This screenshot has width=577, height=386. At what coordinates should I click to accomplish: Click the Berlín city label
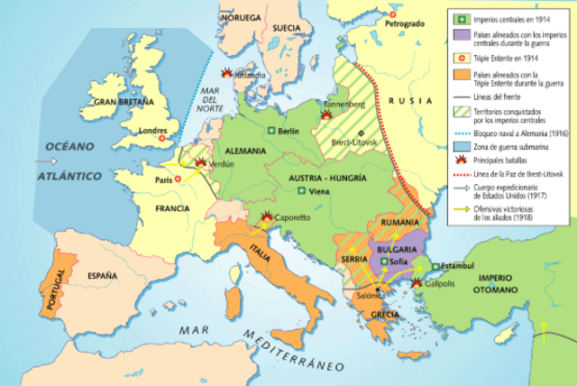point(289,131)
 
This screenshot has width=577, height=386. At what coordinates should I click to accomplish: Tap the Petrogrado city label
point(403,23)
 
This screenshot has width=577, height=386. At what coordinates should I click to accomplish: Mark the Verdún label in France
point(222,164)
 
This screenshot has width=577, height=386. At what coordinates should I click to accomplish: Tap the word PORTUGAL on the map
point(41,290)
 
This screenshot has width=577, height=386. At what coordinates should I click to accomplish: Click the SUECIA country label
point(286,28)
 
